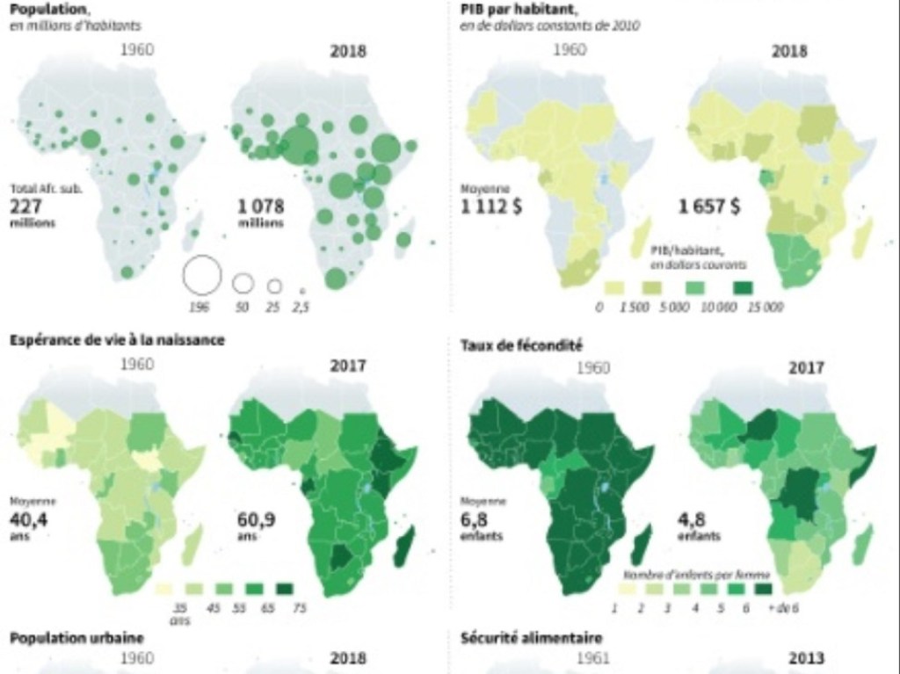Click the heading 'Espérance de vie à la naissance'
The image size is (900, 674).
(116, 340)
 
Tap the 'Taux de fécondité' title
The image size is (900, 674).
(520, 345)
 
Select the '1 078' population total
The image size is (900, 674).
(261, 207)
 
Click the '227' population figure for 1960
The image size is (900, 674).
(27, 207)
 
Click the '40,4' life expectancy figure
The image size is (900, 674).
(29, 518)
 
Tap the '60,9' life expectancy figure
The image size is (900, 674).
(257, 518)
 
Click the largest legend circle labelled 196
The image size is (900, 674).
(200, 276)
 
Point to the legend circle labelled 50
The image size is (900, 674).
(243, 283)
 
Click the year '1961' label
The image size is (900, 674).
(594, 657)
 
